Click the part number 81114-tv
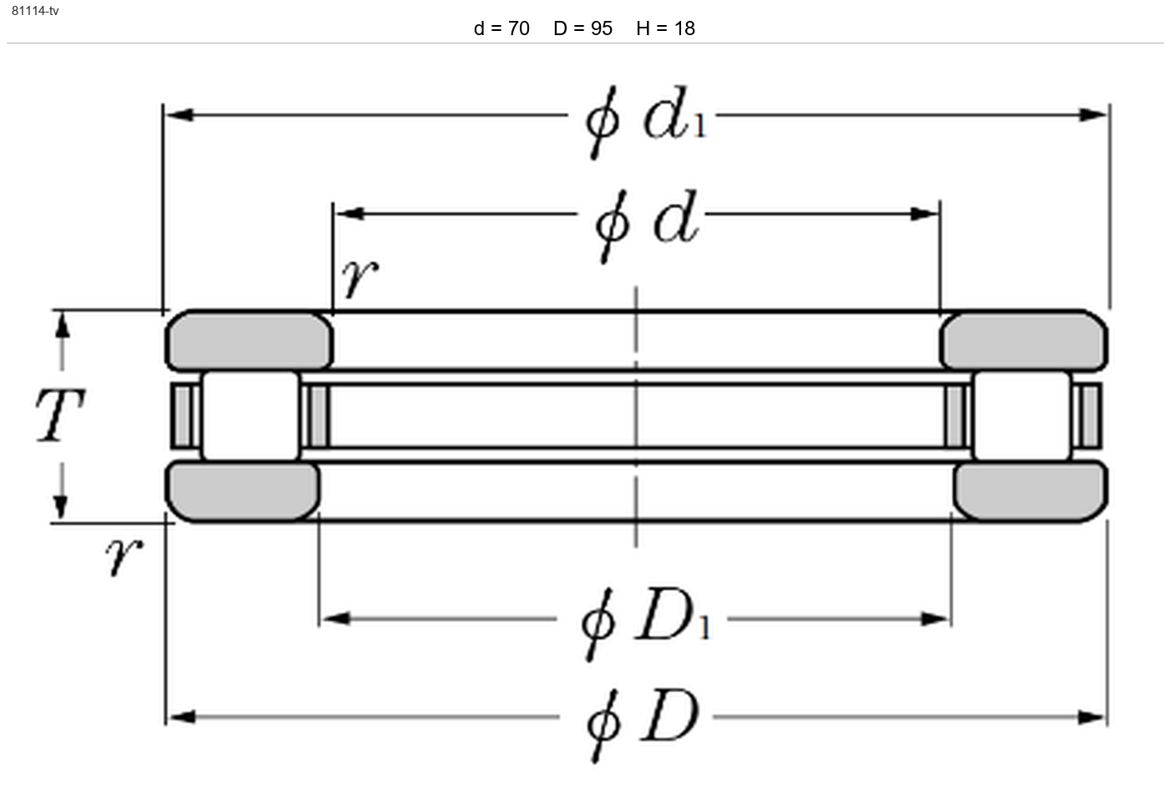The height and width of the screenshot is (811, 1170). [x=35, y=10]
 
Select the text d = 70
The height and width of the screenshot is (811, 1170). [x=501, y=28]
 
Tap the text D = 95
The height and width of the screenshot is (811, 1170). [x=582, y=28]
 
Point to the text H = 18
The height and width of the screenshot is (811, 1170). [x=665, y=28]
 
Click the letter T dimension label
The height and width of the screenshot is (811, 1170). [x=60, y=415]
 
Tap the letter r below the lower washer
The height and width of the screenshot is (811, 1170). [x=124, y=557]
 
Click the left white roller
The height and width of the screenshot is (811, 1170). [x=250, y=416]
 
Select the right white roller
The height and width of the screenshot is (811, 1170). [x=1022, y=416]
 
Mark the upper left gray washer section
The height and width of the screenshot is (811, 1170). [x=249, y=341]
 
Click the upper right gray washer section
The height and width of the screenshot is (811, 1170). [x=1024, y=341]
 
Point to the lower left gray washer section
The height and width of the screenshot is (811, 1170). [x=242, y=492]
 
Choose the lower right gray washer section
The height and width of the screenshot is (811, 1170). [x=1030, y=492]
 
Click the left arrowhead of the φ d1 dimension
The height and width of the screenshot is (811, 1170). [x=180, y=115]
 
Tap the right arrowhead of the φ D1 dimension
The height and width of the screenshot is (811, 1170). [x=935, y=620]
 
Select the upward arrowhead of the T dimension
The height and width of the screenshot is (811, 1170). [x=62, y=325]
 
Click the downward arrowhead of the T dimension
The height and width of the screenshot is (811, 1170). [x=61, y=507]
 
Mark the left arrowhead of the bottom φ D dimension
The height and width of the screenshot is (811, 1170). [x=181, y=717]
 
